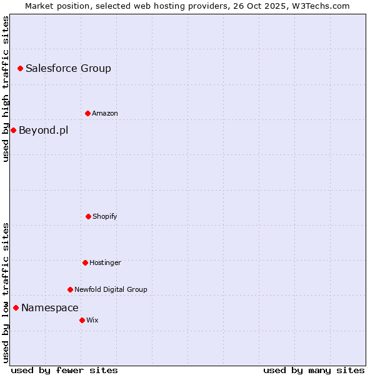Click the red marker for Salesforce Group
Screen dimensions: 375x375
pos(20,68)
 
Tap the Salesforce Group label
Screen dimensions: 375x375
pos(68,69)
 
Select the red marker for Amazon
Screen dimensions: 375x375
pos(87,113)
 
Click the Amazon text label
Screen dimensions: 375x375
pos(105,114)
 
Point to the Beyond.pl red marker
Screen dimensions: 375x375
pos(13,130)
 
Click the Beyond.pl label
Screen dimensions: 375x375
pos(43,131)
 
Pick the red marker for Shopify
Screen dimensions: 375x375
pos(88,216)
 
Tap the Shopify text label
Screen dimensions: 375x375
pos(105,217)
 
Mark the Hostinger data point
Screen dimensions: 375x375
pos(85,262)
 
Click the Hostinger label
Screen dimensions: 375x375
pos(105,263)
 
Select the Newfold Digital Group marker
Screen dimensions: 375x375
pos(70,289)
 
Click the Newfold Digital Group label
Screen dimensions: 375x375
pos(111,290)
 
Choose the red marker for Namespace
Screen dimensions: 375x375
pos(16,307)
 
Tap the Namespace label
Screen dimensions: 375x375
pos(50,308)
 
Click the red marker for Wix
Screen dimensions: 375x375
pos(82,320)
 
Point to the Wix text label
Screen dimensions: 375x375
pos(92,321)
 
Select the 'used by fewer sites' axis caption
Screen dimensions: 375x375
pos(64,370)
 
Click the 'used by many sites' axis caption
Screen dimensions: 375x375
pos(314,370)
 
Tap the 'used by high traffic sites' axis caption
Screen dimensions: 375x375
pos(6,89)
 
